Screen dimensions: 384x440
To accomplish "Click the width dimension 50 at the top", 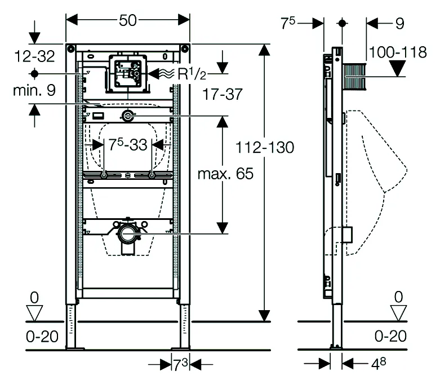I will (x=128, y=20).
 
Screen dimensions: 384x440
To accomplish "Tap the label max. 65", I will (x=225, y=174).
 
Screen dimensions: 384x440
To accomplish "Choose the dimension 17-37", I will (x=224, y=95).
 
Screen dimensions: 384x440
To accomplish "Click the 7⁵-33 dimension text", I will (x=128, y=145).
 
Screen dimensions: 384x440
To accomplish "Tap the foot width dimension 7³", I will (x=180, y=365).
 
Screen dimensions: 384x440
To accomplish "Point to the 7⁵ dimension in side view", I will (x=288, y=23).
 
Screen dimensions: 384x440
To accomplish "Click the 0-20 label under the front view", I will (x=42, y=337).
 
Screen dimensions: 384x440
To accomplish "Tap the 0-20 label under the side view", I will (x=390, y=337).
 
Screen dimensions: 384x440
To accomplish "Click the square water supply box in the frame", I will (x=128, y=73).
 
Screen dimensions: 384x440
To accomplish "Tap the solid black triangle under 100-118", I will (x=399, y=70).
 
